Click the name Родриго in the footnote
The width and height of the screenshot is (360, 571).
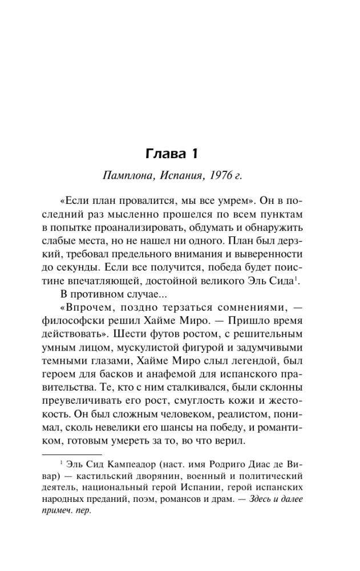click(x=224, y=463)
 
